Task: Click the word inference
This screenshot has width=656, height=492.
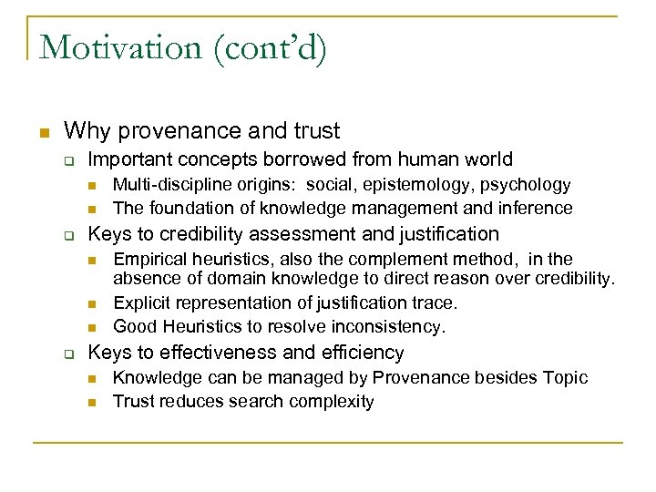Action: [537, 208]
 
